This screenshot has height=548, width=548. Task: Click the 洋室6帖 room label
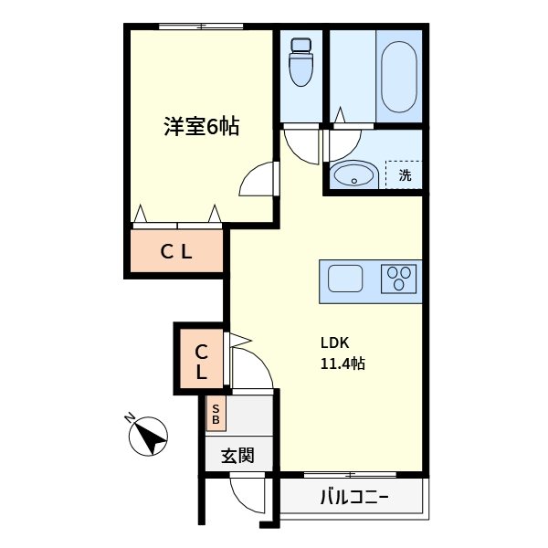tap(201, 127)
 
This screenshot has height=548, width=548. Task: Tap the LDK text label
tap(334, 343)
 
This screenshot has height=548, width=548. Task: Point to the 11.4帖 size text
tap(342, 364)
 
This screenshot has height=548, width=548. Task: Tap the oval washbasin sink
tap(353, 174)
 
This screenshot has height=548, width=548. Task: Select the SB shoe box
tap(216, 416)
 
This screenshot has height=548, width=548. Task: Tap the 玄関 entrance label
tap(237, 455)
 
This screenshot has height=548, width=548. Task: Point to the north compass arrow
tap(146, 435)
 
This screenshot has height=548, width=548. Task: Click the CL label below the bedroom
tap(176, 253)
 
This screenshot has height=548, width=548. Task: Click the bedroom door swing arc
tap(258, 179)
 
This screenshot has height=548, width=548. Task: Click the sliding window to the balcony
tap(350, 474)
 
